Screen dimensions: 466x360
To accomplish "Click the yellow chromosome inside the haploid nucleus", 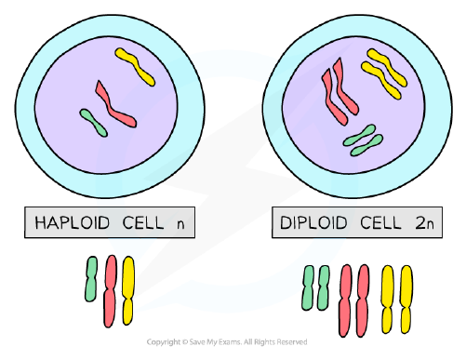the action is coord(135,66).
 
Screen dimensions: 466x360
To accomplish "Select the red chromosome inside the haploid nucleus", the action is coord(114,105).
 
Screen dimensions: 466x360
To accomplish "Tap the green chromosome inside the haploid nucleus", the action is coord(93,123).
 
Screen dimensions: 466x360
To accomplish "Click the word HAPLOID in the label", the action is coord(73,222).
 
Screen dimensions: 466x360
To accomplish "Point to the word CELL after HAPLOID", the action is coord(143,222).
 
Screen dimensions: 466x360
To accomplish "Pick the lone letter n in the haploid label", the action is coord(180,224).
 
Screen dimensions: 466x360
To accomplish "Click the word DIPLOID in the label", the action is coord(313,222).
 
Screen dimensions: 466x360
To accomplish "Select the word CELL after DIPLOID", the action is coord(380,222).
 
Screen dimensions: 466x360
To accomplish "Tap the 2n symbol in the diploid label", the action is coord(424,222).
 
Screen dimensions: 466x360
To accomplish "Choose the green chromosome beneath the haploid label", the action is coord(91,279).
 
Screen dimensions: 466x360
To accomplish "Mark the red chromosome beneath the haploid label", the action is coord(110,291).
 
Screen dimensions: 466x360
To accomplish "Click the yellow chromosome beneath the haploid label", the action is coord(128,290).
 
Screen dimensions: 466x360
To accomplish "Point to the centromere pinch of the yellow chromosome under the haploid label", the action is coord(127,299).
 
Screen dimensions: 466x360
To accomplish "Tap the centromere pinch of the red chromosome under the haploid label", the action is coord(110,289).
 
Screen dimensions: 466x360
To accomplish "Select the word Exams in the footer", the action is coord(231,342).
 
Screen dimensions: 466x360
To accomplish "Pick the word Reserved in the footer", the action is coord(292,342).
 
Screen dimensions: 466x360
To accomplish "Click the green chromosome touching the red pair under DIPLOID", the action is coord(323,287).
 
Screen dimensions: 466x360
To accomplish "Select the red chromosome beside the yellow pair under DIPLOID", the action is coord(363,300).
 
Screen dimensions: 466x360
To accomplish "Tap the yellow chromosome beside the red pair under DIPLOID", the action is coord(388,300).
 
